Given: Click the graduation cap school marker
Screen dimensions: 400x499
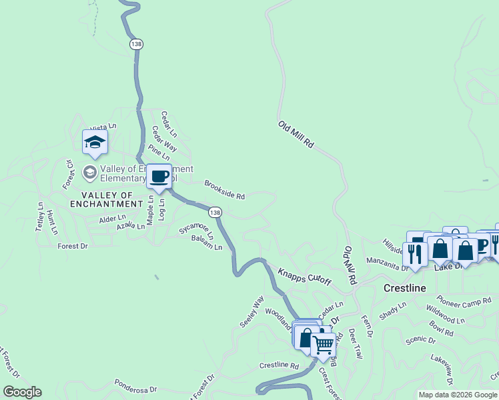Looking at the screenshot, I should [95, 142].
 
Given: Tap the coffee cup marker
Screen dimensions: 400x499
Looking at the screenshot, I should [159, 177].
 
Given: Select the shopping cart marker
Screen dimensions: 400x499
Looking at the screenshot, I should [324, 345].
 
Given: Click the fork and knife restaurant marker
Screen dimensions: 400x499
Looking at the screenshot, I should [414, 253].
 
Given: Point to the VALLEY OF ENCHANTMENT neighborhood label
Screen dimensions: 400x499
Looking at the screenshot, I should [107, 204].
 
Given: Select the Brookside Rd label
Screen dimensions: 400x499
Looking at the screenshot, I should [225, 189].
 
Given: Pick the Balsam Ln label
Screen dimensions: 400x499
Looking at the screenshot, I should [206, 242].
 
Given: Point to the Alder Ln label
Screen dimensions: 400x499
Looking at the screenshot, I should [112, 219].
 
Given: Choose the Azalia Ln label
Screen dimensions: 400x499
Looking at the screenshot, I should [130, 227].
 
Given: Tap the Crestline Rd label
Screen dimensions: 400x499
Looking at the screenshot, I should [279, 365].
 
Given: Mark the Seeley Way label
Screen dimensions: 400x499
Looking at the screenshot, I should [252, 311].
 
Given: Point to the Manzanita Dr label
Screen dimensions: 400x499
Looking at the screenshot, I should [387, 267].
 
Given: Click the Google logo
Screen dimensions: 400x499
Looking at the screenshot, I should [22, 392].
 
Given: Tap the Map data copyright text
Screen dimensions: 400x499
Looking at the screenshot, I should [458, 395].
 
